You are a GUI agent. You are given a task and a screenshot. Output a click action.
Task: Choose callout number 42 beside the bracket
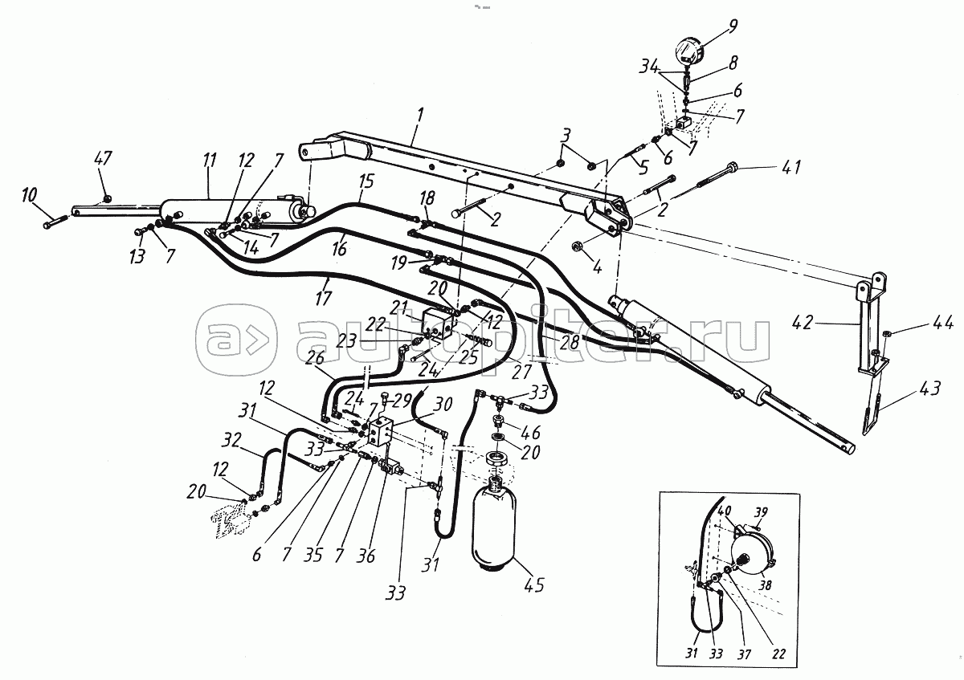click(824, 324)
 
